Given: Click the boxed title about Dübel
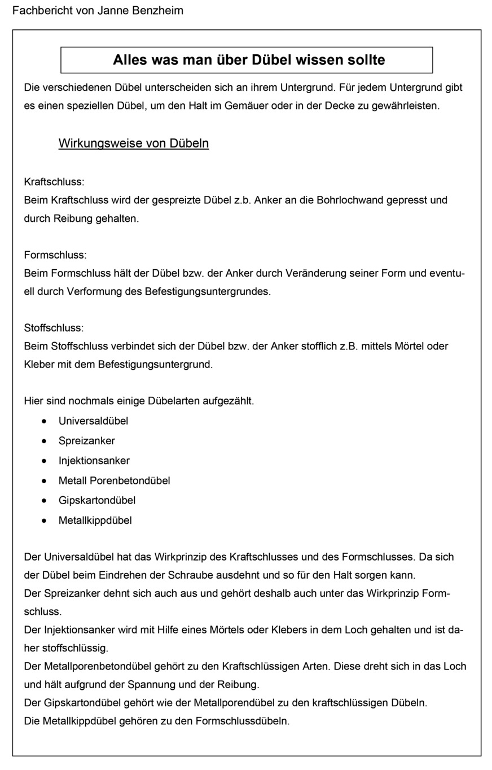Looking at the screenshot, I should (247, 60).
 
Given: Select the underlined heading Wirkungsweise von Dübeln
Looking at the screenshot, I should (134, 143).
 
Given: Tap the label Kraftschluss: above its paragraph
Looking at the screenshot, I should (54, 182).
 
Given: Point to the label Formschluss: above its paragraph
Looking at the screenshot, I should (55, 255).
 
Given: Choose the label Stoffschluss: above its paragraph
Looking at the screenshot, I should (54, 328).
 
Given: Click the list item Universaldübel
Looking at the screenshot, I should (93, 421).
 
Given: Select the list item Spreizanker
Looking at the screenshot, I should (86, 441).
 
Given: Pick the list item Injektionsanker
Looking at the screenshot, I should (94, 461).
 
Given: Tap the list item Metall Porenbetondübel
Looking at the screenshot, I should (114, 481).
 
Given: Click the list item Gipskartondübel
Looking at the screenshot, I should (96, 501).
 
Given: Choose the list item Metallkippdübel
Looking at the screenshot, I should (95, 520).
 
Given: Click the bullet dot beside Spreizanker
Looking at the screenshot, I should (44, 441).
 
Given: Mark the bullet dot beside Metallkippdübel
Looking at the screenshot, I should (44, 520).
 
